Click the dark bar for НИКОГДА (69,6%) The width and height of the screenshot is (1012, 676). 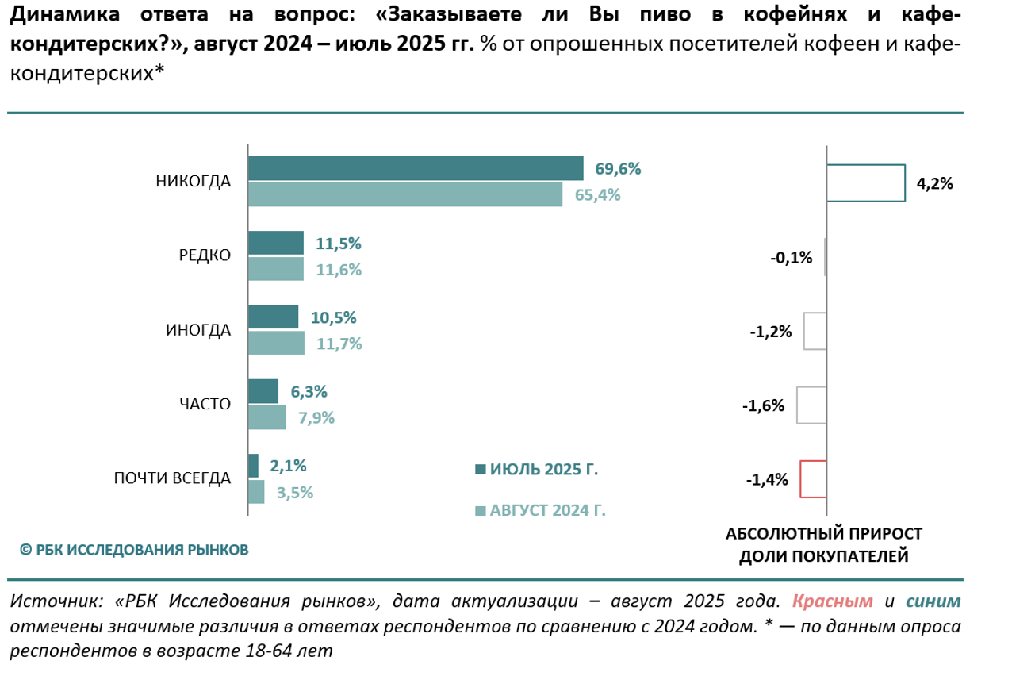pos(416,168)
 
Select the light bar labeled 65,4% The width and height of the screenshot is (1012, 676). pos(404,194)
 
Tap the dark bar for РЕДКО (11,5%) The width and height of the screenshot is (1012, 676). pos(275,243)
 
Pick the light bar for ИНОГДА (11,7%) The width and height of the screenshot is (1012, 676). pos(275,343)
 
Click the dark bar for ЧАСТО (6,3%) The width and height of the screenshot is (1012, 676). pos(263,390)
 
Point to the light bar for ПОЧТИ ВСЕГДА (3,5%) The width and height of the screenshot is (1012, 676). pos(255,492)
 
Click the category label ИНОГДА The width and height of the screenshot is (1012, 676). pos(198,330)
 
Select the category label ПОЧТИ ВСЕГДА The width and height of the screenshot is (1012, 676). pos(172,478)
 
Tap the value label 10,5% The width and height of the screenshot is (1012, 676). pos(334,317)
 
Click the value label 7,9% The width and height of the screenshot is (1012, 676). pos(316,417)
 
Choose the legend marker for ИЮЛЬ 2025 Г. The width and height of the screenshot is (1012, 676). pos(479,469)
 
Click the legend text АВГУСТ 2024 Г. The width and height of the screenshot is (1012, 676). pos(547,510)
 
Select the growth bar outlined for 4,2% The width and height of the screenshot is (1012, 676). pos(865,182)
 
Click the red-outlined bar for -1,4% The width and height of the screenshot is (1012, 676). pos(813,478)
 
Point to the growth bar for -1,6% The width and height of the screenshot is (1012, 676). pos(811,405)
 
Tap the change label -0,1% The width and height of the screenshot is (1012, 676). pos(792,257)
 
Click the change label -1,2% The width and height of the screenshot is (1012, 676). pos(771,332)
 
